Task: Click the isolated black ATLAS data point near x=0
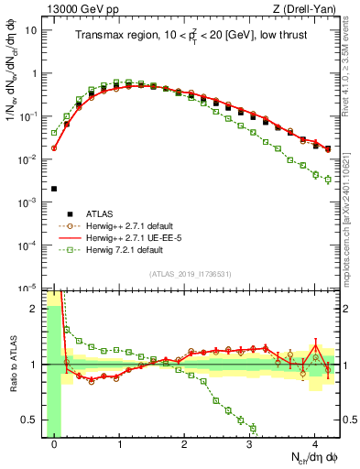(x=54, y=189)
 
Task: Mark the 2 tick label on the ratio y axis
(x=35, y=308)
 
